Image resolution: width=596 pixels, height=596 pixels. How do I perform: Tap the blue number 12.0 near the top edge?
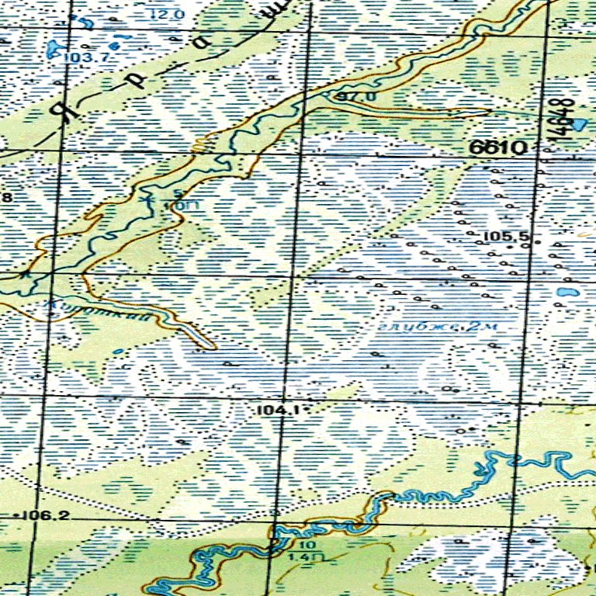click(x=167, y=15)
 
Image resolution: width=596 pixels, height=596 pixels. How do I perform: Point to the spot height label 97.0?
click(x=358, y=96)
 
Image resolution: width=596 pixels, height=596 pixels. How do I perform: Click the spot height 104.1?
click(x=271, y=408)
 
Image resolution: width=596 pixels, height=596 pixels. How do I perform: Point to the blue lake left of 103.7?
click(x=54, y=50)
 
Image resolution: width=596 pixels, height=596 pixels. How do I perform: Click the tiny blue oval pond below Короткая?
click(x=117, y=352)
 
